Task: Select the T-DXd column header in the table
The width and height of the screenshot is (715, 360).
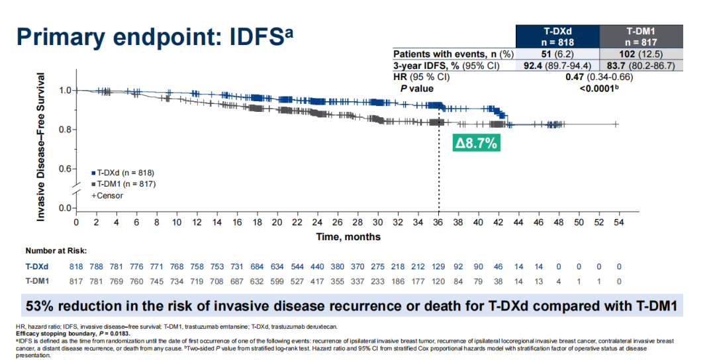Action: [x=557, y=35]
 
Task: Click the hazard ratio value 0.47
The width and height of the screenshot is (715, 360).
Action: [x=574, y=77]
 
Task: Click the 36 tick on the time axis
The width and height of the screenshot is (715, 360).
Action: [x=438, y=222]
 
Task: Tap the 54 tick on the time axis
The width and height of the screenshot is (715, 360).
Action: [x=618, y=222]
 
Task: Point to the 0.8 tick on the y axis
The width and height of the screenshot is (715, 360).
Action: [x=65, y=129]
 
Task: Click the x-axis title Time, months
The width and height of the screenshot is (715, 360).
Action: [x=348, y=236]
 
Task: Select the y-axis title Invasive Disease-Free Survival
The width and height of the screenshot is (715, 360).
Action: [x=41, y=147]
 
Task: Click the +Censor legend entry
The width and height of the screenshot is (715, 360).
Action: [x=109, y=195]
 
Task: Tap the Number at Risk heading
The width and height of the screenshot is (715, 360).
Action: [x=56, y=251]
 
